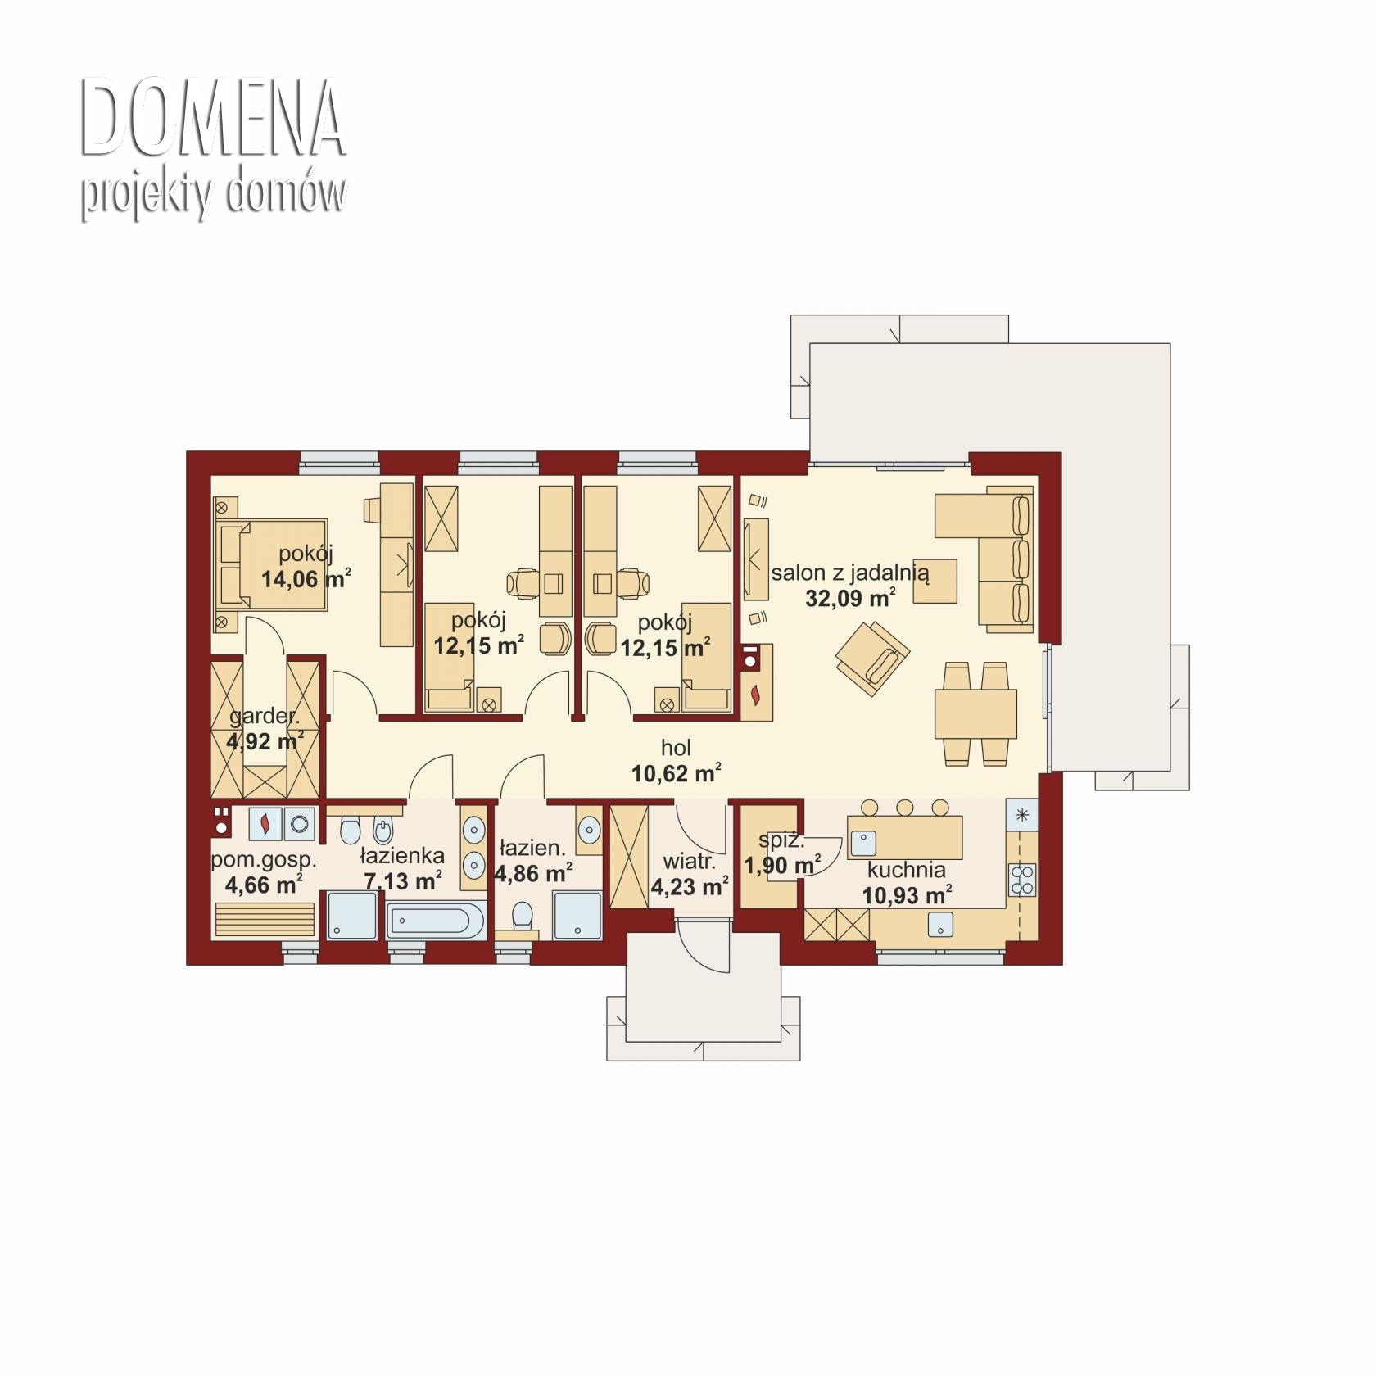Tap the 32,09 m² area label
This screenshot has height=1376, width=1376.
pyautogui.click(x=850, y=597)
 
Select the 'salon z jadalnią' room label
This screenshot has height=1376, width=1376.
pyautogui.click(x=850, y=573)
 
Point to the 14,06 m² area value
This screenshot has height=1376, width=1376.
pyautogui.click(x=306, y=578)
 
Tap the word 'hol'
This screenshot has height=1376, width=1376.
pyautogui.click(x=677, y=747)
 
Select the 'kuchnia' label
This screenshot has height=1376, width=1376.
pyautogui.click(x=907, y=870)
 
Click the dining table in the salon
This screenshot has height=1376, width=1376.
pyautogui.click(x=975, y=713)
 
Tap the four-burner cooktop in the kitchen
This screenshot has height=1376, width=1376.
pyautogui.click(x=1022, y=880)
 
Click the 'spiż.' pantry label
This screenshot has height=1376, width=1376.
pyautogui.click(x=781, y=840)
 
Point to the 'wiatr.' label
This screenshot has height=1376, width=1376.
pyautogui.click(x=689, y=862)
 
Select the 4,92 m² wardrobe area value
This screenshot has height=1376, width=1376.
pyautogui.click(x=265, y=741)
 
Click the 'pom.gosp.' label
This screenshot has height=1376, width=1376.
pyautogui.click(x=264, y=860)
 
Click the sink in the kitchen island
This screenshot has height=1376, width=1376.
pyautogui.click(x=863, y=843)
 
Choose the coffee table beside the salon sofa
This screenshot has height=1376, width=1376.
pyautogui.click(x=935, y=581)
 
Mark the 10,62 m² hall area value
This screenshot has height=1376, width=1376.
pyautogui.click(x=677, y=772)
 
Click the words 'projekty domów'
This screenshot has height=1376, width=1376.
pyautogui.click(x=213, y=195)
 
